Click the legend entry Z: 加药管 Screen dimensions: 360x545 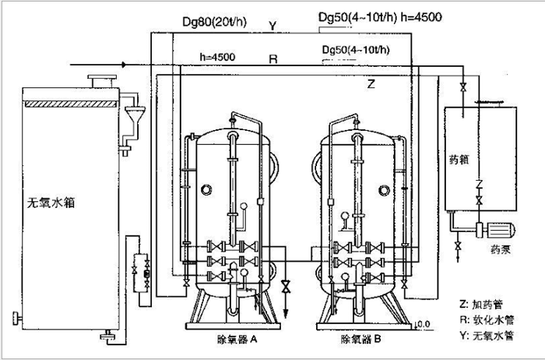(483, 301)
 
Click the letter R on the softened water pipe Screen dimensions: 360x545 (273, 59)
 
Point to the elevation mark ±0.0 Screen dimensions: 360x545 (420, 323)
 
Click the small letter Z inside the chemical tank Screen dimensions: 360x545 (481, 185)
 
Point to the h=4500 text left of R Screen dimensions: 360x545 (218, 56)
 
